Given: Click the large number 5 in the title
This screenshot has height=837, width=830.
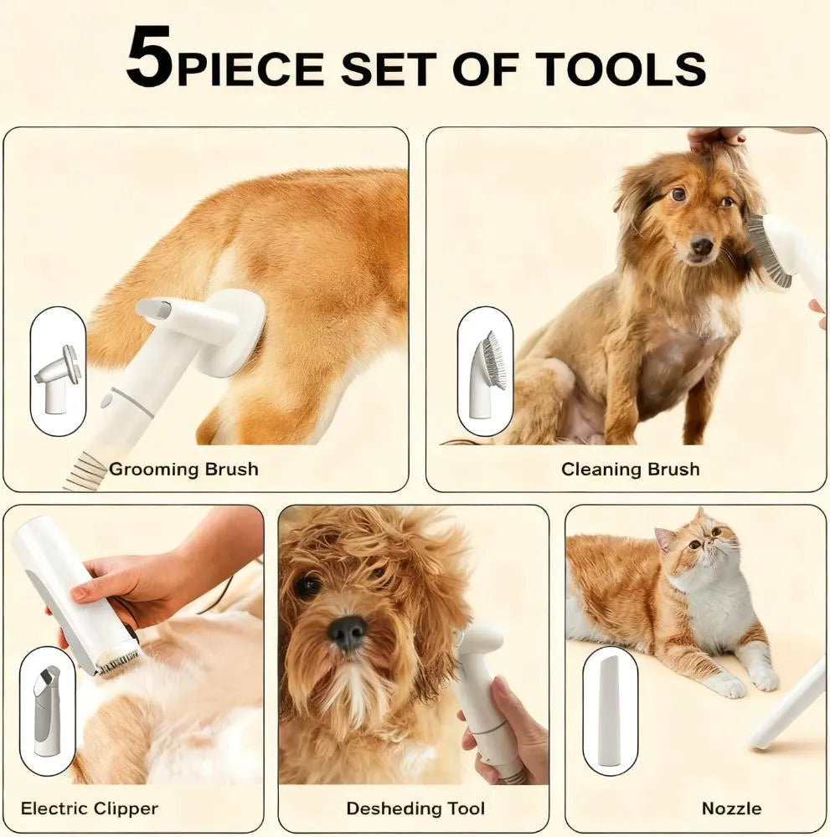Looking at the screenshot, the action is point(150,58).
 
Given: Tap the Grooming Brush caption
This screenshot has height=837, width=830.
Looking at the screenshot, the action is point(183,469).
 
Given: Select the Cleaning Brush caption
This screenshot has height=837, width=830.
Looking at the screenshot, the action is point(630,469).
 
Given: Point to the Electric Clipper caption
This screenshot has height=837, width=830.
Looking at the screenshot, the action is point(90,809).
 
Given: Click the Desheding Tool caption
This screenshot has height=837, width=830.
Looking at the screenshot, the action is point(415,809).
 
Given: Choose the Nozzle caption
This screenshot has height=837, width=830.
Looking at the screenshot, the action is point(731,809).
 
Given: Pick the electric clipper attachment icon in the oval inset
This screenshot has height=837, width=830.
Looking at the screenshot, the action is point(47,710).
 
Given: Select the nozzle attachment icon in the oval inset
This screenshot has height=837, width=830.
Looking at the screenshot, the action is point(610,711).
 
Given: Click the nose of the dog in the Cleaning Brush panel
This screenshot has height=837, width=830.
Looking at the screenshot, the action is point(702,246).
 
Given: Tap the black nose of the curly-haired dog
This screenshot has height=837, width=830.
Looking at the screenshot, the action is point(348,632).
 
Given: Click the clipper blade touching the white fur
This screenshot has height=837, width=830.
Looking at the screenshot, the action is point(116,662).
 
